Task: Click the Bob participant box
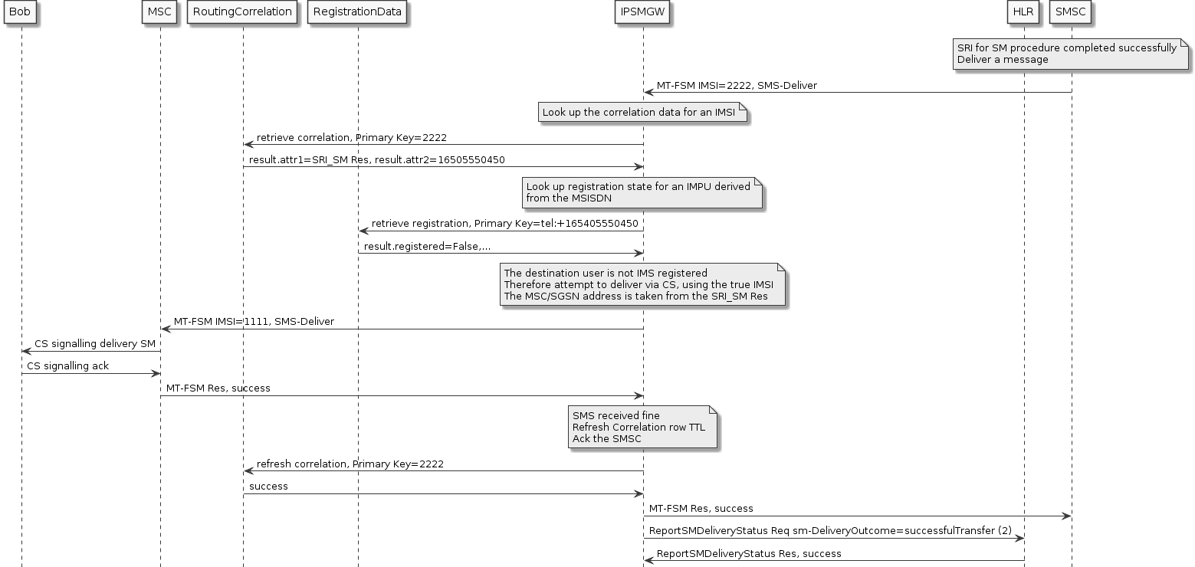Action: (21, 12)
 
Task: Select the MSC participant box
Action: (160, 12)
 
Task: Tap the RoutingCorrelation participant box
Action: (242, 12)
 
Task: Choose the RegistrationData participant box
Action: (357, 12)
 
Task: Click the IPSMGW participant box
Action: (642, 12)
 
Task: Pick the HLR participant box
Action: (1023, 12)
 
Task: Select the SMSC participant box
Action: (1071, 12)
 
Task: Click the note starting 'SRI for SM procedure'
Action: (1069, 54)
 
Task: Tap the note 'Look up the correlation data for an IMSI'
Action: (642, 113)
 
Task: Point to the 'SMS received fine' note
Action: (642, 428)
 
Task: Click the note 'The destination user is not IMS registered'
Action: (642, 285)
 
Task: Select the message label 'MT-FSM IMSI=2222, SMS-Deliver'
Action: (736, 86)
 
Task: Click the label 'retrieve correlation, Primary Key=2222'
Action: (351, 138)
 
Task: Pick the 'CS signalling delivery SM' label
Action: (94, 344)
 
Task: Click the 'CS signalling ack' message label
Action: (67, 366)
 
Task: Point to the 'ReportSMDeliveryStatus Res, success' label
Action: (748, 553)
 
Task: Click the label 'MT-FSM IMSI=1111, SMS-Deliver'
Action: (254, 322)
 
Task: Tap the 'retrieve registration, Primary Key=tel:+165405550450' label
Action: (504, 224)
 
